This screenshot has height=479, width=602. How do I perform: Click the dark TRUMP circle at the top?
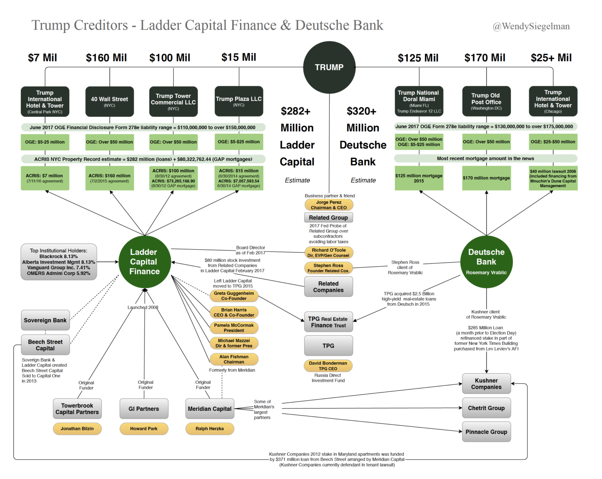pos(329,67)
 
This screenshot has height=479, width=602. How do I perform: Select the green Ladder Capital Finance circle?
pos(144,262)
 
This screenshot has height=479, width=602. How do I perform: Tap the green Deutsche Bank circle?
pos(486,262)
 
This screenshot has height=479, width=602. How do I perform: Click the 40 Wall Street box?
pos(110,101)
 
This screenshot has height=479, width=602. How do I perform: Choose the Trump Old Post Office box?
pos(486,101)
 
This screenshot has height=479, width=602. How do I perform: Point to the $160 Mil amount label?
pos(106,58)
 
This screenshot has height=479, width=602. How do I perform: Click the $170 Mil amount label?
pos(485,58)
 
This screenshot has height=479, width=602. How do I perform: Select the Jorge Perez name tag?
pos(329,205)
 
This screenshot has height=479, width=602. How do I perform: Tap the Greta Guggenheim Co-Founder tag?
pos(234,296)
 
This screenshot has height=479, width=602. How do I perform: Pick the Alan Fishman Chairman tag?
pos(234,359)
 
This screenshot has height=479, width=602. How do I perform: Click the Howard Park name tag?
pos(144,429)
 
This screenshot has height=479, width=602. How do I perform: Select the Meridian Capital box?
pos(209,409)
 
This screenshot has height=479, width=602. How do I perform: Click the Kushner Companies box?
pos(486,384)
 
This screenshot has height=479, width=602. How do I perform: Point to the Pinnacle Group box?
pos(486,432)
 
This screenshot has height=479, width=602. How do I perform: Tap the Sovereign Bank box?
pos(45,320)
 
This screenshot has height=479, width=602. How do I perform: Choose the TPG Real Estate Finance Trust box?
pos(328,322)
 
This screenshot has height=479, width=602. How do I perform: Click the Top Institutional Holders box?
pos(59,262)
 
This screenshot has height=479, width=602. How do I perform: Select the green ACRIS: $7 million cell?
pos(45,178)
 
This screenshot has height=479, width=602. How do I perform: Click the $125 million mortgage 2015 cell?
pos(419,178)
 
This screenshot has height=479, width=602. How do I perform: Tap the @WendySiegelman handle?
pos(531,26)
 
